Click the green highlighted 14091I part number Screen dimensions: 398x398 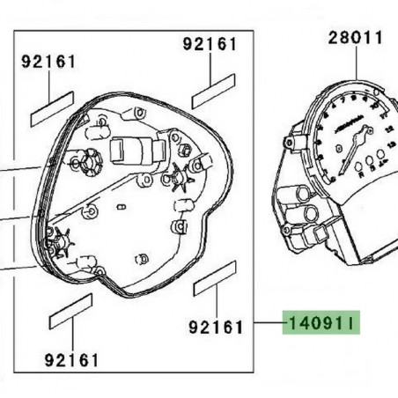coord(319,325)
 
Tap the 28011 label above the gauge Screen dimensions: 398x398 coord(357,39)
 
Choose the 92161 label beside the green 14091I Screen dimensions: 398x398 coord(214,326)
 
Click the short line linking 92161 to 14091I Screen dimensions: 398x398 coord(262,325)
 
